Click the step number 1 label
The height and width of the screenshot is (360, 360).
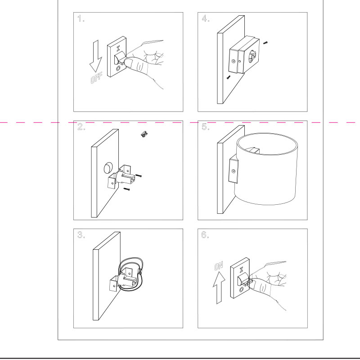coord(81,18)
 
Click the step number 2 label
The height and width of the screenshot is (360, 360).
coord(81,127)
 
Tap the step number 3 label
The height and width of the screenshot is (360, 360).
coord(81,235)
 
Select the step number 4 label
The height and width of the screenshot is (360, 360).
coord(205,18)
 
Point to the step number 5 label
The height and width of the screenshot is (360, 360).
coord(205,127)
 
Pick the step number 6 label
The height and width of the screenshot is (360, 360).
coord(205,235)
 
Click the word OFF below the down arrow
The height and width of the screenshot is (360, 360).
coord(96,78)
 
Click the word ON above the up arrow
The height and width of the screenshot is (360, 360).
coord(219,266)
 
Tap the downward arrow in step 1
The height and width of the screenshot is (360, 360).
coord(96,56)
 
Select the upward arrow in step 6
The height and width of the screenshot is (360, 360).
coord(219,288)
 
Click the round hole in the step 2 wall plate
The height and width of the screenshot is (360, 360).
coord(108,168)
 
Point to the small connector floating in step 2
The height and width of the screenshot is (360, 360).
coord(144,134)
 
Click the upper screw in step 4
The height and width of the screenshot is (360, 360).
coord(265,43)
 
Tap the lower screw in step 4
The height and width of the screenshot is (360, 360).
coord(228,77)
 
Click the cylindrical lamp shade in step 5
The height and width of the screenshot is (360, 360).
coord(266,169)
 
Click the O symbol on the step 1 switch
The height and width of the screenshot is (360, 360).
coord(118,68)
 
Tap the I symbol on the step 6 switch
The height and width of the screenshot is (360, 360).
coord(241,270)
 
